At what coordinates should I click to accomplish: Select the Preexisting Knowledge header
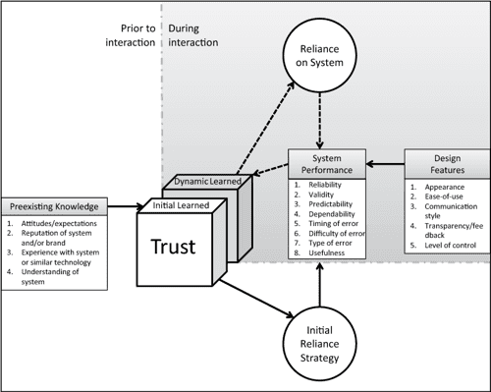[54, 206]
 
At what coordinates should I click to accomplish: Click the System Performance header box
[326, 162]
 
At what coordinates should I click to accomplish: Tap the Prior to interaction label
[133, 34]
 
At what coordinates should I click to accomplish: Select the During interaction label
[193, 34]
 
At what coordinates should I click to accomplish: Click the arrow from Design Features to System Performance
[384, 163]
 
